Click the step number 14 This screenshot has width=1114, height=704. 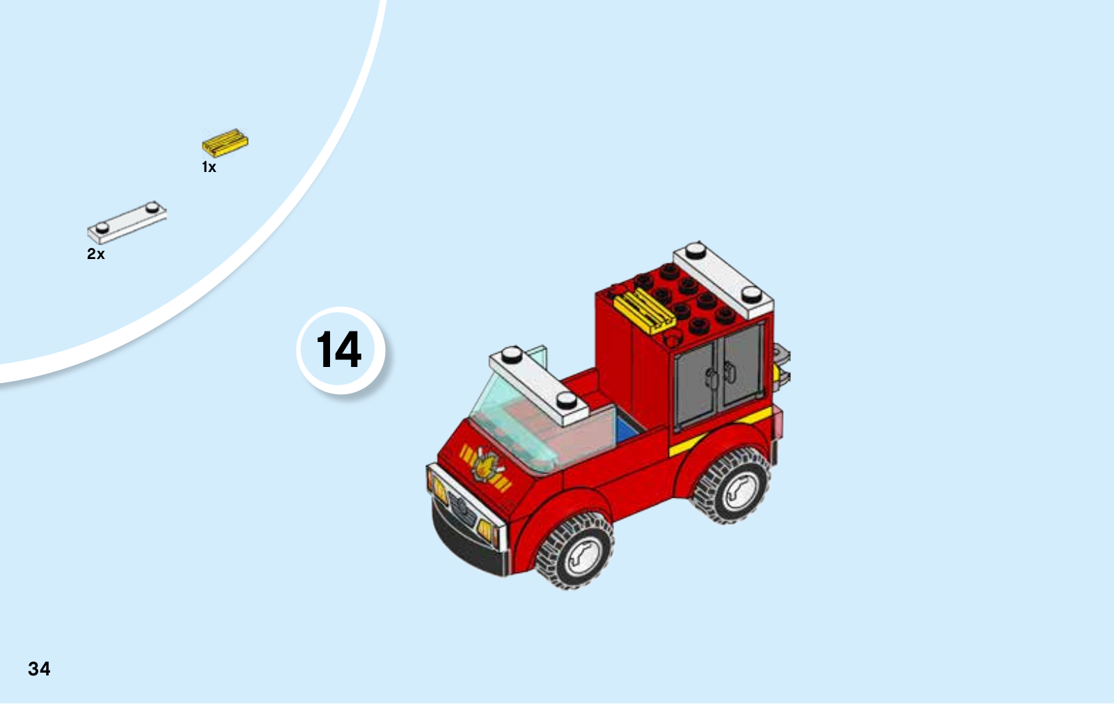338,350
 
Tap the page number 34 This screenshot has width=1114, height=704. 39,669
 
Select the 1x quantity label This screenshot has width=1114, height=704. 209,167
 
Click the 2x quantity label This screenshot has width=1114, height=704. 96,253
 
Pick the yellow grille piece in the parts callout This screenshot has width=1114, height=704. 225,143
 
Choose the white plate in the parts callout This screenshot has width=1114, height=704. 127,222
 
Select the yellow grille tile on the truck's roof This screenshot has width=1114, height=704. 644,311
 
